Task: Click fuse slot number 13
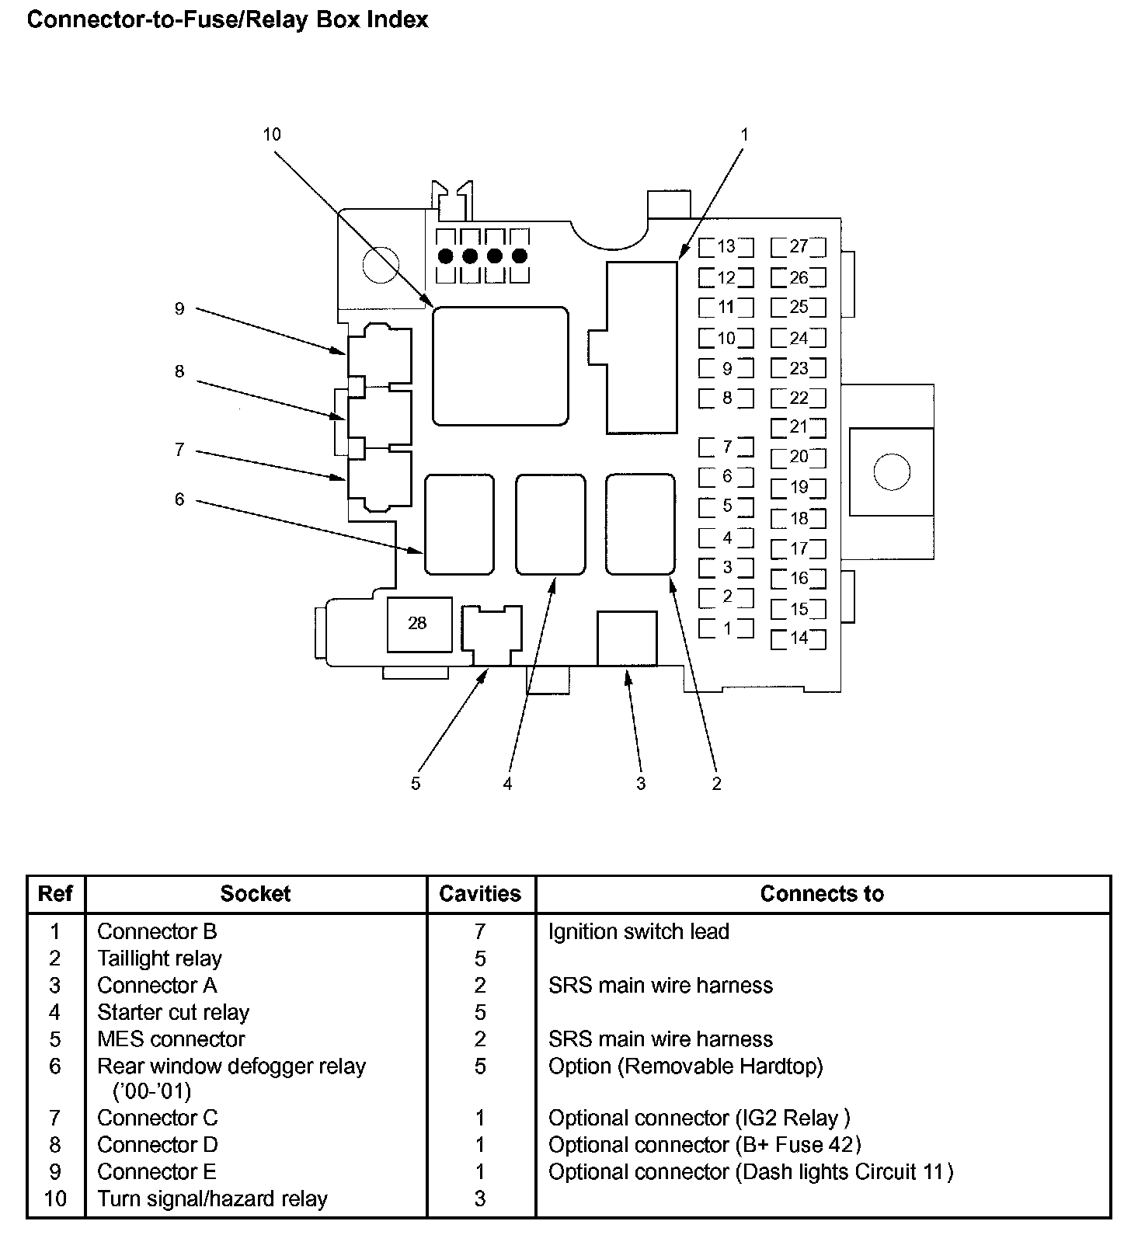pyautogui.click(x=726, y=247)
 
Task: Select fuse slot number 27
pyautogui.click(x=799, y=247)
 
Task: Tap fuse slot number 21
pyautogui.click(x=799, y=427)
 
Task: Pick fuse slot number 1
pyautogui.click(x=726, y=628)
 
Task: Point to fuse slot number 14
pyautogui.click(x=799, y=638)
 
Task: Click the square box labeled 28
pyautogui.click(x=419, y=624)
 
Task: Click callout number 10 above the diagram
pyautogui.click(x=271, y=134)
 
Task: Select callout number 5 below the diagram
pyautogui.click(x=416, y=784)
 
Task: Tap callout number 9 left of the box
pyautogui.click(x=179, y=309)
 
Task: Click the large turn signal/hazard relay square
pyautogui.click(x=500, y=366)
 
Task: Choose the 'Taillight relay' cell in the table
pyautogui.click(x=159, y=958)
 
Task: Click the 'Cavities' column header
pyautogui.click(x=480, y=894)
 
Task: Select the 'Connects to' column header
pyautogui.click(x=822, y=894)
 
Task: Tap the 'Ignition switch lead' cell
pyautogui.click(x=639, y=931)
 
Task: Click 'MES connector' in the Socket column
pyautogui.click(x=171, y=1039)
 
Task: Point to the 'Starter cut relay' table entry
pyautogui.click(x=173, y=1012)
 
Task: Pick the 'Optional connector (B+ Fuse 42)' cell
pyautogui.click(x=705, y=1145)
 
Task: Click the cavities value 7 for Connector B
pyautogui.click(x=480, y=931)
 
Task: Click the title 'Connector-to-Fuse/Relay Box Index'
pyautogui.click(x=228, y=19)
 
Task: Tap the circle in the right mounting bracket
pyautogui.click(x=891, y=471)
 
